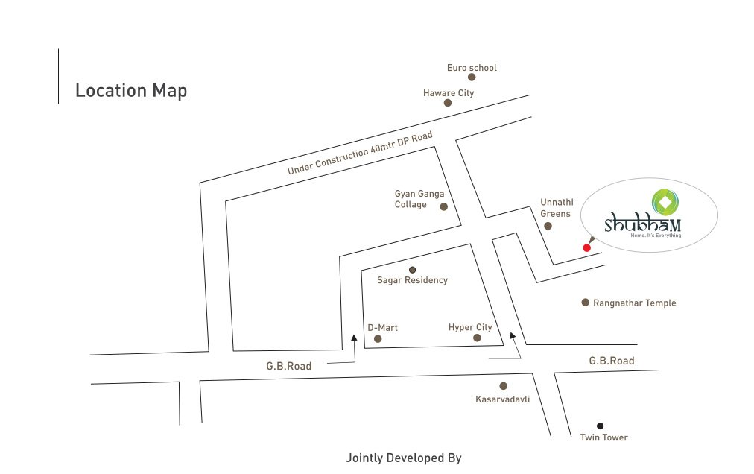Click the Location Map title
(131, 91)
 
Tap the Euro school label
(472, 68)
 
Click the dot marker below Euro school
(472, 77)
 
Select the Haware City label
(449, 93)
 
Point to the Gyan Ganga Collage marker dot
(443, 206)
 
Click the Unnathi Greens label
(555, 208)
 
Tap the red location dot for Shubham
(586, 247)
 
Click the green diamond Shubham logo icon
(665, 200)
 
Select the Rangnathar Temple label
(634, 303)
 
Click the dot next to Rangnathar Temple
(586, 303)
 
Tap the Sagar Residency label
(412, 280)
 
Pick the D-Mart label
(383, 327)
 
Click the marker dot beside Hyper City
(477, 338)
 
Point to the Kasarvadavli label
(502, 399)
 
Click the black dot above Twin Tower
(600, 426)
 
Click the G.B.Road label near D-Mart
(289, 366)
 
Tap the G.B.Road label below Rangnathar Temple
(612, 361)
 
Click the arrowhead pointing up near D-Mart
(355, 338)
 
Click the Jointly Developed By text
(404, 458)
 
